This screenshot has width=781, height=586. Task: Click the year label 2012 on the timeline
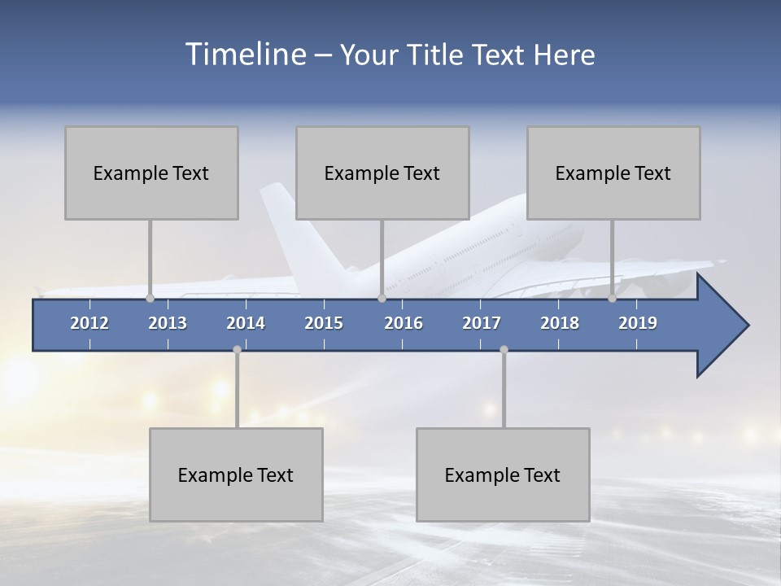pos(89,323)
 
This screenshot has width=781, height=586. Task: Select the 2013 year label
pos(168,323)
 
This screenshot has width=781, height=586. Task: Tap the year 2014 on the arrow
pos(246,323)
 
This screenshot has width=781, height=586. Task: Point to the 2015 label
pos(324,323)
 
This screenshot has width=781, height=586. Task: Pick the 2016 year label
pos(404,323)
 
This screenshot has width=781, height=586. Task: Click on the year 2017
pos(482,323)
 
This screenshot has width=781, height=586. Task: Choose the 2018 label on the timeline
pos(560,323)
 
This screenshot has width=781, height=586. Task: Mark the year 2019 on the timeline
pos(638,323)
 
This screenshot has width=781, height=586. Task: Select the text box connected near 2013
pos(151,173)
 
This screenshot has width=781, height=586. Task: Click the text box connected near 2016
pos(382,173)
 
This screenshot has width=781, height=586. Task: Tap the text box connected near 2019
pos(613,173)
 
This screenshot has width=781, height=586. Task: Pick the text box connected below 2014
pos(236,474)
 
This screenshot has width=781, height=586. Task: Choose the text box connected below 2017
pos(503,474)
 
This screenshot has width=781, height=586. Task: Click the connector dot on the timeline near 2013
pos(150,298)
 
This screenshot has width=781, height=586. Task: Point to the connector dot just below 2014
pos(237,349)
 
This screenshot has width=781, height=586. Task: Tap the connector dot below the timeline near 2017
pos(504,349)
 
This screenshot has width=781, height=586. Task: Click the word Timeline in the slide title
pos(244,55)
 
